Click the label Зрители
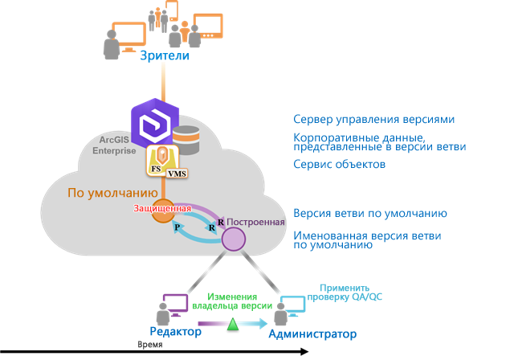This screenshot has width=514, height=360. [165, 55]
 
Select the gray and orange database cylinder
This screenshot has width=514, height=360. [186, 140]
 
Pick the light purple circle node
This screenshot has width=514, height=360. [234, 239]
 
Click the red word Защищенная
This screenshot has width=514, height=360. [162, 209]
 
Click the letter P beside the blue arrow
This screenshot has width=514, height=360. [177, 229]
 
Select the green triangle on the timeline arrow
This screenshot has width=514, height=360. [233, 324]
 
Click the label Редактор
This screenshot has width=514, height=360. [176, 331]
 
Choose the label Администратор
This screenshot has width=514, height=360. [312, 333]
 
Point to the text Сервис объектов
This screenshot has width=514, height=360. [339, 165]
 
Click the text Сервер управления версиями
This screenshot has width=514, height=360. [373, 119]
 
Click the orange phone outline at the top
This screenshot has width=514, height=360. [171, 10]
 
